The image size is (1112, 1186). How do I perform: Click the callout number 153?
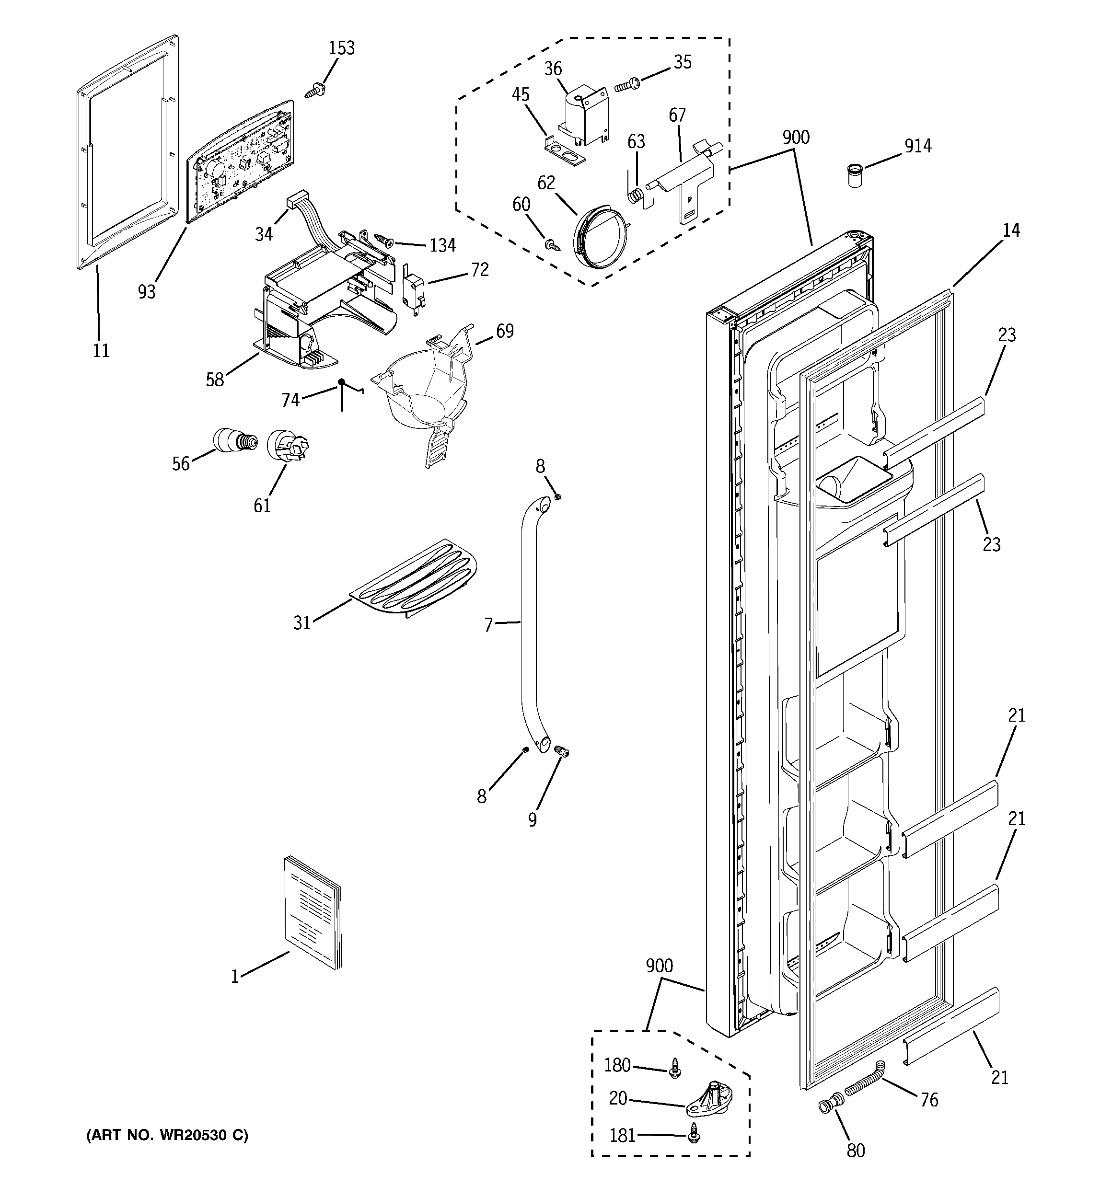tap(341, 48)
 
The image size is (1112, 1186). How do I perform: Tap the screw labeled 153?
tap(316, 91)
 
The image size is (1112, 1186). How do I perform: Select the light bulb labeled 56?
tap(234, 441)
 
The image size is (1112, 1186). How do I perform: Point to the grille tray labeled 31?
tap(414, 579)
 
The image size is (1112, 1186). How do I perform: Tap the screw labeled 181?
tap(693, 1133)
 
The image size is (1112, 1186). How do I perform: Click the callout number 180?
tap(617, 1065)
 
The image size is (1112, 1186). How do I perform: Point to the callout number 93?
tap(146, 291)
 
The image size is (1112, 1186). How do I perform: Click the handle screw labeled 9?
tap(560, 752)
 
